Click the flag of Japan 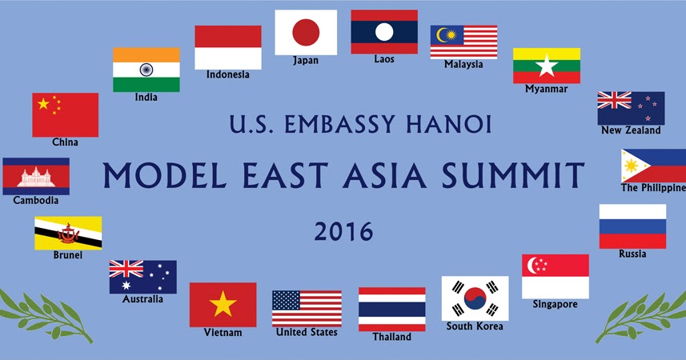306,32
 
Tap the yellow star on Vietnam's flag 223,304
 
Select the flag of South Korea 475,298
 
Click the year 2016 343,231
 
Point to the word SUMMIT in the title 506,174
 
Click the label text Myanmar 546,89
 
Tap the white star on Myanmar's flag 547,66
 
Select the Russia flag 632,226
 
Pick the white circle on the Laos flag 384,32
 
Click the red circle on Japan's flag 306,32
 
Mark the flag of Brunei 67,234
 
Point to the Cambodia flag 36,176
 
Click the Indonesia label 228,75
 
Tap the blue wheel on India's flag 146,70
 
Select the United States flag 307,308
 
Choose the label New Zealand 631,130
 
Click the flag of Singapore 556,276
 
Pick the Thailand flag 391,309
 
